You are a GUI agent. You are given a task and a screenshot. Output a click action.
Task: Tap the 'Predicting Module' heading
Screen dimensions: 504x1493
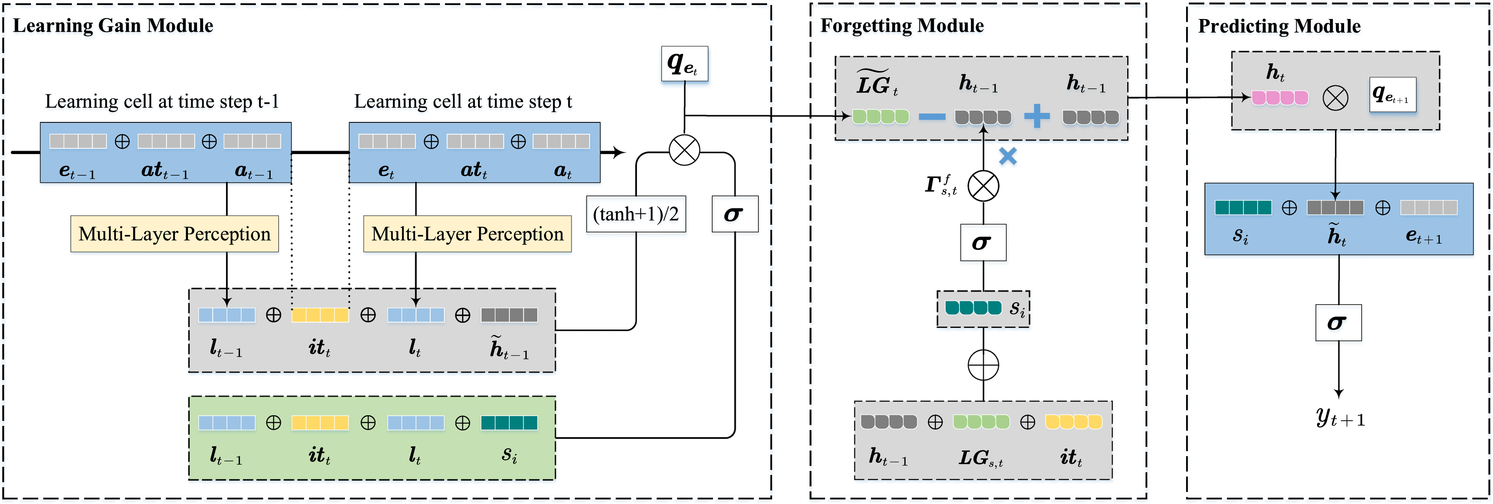click(1279, 26)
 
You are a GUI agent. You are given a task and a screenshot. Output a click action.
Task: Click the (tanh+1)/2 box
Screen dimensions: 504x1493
click(636, 214)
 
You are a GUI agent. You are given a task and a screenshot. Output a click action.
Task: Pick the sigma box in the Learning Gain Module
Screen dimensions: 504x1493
click(734, 214)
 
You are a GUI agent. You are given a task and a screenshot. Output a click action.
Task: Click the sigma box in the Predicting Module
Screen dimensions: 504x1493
click(1338, 323)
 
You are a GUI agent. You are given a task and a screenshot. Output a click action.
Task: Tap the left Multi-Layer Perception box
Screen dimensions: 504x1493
click(175, 234)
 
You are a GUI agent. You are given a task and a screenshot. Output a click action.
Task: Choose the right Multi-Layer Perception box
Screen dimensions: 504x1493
click(467, 234)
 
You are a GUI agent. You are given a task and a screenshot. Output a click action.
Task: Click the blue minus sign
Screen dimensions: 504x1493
click(932, 117)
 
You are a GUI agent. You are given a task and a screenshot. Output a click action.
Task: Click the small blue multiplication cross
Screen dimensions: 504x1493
click(1008, 156)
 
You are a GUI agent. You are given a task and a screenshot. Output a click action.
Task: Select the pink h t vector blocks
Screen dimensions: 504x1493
click(1280, 97)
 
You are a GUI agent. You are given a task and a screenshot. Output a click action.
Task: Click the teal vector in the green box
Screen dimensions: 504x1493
click(509, 423)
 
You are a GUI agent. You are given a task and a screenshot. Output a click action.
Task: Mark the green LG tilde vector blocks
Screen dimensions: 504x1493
click(880, 117)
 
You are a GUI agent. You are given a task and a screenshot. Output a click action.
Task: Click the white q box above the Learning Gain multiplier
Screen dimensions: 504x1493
click(685, 64)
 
